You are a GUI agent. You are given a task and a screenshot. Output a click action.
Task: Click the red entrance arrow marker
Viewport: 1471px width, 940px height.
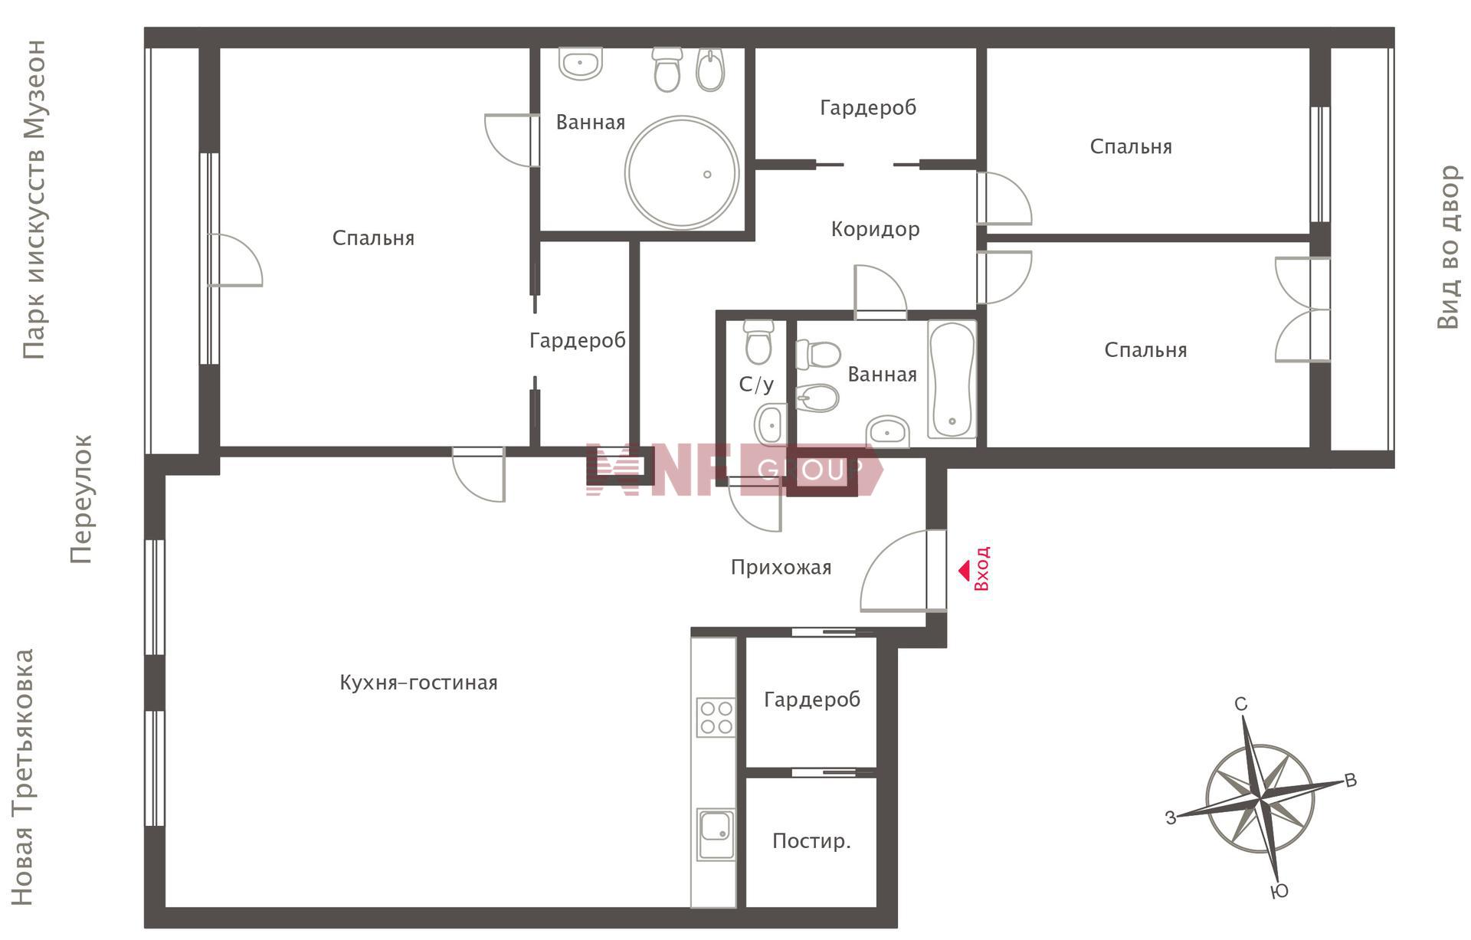coord(964,571)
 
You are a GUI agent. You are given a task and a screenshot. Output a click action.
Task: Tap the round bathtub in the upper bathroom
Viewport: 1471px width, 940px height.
coord(682,172)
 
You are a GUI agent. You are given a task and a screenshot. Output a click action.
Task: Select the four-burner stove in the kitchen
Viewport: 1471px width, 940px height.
coord(716,717)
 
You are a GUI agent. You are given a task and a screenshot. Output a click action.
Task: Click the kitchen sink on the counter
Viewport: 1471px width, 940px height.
coord(716,834)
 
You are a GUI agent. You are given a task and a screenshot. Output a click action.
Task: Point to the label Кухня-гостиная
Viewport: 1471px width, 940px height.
coord(418,683)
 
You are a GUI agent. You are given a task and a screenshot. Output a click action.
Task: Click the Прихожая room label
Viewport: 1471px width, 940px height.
coord(781,568)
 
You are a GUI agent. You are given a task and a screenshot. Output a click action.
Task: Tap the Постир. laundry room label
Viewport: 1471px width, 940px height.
coord(811,841)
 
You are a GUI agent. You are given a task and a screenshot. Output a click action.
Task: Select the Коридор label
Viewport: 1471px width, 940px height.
coord(875,229)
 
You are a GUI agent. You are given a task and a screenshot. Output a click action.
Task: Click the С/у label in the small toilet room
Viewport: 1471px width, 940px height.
coord(756,385)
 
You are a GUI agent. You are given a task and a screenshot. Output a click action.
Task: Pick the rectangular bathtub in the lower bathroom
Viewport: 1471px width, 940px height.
coord(952,379)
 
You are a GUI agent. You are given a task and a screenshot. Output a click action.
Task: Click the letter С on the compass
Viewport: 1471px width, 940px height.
coord(1241,704)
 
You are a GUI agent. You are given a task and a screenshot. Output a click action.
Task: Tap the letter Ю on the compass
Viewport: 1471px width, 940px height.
coord(1279,891)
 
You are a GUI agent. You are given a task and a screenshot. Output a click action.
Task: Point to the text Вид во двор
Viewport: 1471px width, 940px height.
coord(1448,247)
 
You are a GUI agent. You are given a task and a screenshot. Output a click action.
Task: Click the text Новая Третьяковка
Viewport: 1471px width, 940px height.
coord(22,778)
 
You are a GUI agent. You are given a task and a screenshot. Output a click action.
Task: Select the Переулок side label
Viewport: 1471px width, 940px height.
coord(80,499)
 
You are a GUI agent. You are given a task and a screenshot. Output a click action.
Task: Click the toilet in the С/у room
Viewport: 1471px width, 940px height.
coord(758,342)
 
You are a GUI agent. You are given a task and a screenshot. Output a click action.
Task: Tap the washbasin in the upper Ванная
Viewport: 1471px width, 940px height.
coord(580,63)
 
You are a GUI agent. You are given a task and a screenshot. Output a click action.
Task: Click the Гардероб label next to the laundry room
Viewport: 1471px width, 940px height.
coord(812,699)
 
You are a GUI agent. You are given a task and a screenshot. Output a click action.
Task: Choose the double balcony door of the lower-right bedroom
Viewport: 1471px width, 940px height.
coord(1302,310)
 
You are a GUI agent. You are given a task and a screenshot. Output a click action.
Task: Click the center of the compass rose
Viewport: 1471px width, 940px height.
coord(1260,798)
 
